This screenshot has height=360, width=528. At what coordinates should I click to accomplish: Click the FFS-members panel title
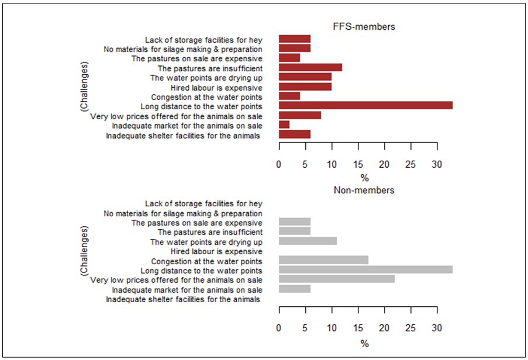pos(364,26)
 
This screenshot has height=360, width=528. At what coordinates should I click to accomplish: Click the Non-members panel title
pos(364,190)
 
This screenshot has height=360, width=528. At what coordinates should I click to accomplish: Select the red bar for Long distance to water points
pos(365,106)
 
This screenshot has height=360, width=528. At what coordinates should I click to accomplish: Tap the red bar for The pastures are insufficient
pos(310,68)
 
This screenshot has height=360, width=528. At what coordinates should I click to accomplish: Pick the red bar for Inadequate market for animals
pos(284,125)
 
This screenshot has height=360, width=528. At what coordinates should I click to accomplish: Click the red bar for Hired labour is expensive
pos(305,87)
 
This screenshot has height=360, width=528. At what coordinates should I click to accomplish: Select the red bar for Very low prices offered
pos(300,116)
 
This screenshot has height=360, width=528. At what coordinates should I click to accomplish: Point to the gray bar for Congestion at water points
pos(323,260)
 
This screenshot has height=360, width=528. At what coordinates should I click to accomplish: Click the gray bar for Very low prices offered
pos(337,279)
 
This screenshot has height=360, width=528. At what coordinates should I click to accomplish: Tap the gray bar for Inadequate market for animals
pos(295,289)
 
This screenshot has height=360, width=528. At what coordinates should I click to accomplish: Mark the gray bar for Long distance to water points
pos(365,270)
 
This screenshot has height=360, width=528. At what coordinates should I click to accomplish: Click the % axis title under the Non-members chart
pos(364,344)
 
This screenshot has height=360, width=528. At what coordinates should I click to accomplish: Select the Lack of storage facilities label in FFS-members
pos(203,40)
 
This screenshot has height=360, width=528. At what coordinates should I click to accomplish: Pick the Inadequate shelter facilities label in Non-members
pos(184,299)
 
